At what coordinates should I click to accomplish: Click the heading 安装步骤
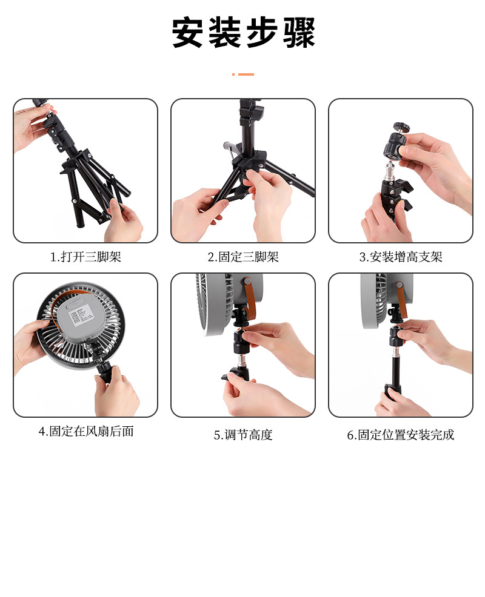tap(243, 32)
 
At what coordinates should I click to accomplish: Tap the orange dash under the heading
tap(243, 74)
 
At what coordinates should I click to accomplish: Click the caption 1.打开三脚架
tap(85, 257)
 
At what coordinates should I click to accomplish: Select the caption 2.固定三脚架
tap(243, 257)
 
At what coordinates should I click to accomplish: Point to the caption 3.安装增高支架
tap(400, 257)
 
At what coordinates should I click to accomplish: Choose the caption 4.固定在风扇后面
tap(86, 431)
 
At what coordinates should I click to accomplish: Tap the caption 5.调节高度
tap(243, 434)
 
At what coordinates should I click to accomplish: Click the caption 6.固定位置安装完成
tap(400, 434)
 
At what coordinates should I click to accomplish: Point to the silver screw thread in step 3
tap(390, 170)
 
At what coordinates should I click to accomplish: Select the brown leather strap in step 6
tap(401, 300)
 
